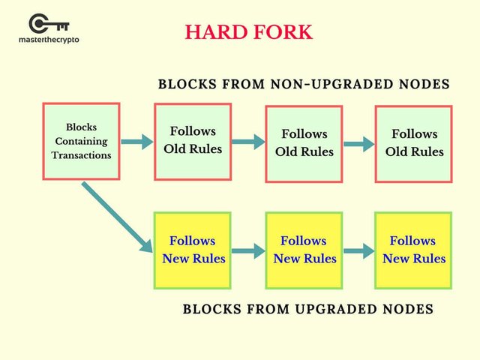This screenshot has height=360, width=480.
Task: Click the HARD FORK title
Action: pos(248,32)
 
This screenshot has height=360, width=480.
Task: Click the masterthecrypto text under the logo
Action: pos(49,40)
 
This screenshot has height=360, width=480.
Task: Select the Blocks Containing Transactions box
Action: pos(81,141)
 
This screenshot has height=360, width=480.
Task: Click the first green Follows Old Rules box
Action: pos(193,141)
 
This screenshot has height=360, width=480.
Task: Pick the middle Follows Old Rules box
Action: pos(304,143)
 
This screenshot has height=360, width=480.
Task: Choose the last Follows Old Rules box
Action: pos(414,143)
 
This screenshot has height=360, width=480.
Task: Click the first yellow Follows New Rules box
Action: pos(193,250)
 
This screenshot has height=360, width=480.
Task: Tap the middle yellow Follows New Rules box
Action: pos(304,250)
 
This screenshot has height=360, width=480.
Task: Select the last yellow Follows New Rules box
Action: pos(413,250)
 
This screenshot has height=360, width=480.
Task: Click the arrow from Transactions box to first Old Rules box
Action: pos(136,140)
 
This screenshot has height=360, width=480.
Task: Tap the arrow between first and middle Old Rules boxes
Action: pos(248,141)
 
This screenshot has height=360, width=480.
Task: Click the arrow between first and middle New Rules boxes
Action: pos(248,250)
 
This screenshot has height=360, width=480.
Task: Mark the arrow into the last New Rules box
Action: pos(358,250)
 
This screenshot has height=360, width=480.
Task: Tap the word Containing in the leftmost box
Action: pos(81,141)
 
